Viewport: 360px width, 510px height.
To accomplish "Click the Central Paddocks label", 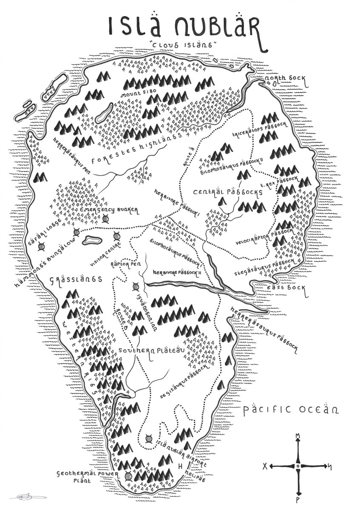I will click(x=227, y=193).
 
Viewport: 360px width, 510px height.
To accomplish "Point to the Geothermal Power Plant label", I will click(x=88, y=478).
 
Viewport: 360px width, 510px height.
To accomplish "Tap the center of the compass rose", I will click(x=298, y=466).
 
